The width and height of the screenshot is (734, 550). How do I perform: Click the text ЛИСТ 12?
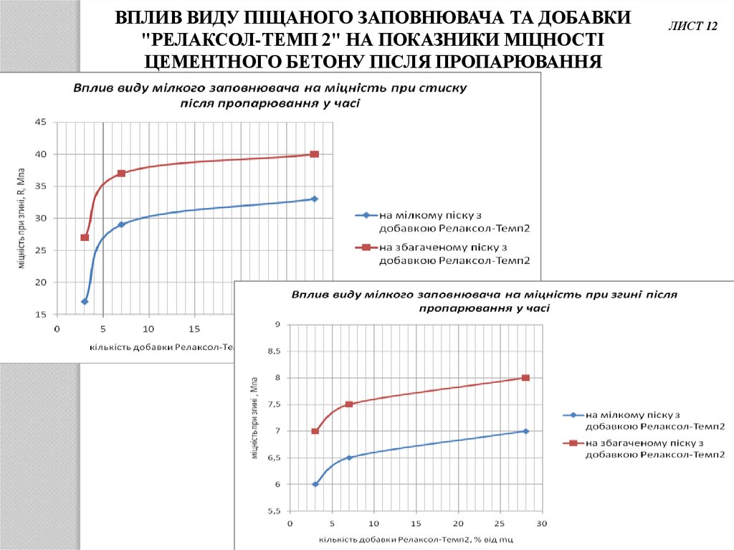pyautogui.click(x=692, y=27)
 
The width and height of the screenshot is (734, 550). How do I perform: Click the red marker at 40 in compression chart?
pyautogui.click(x=314, y=154)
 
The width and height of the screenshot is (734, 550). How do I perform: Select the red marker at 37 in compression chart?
pyautogui.click(x=121, y=174)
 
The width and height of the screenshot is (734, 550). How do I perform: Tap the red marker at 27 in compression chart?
pyautogui.click(x=85, y=237)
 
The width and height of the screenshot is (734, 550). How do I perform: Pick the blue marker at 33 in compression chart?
pyautogui.click(x=314, y=199)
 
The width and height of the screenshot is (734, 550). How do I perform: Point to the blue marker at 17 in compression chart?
pyautogui.click(x=85, y=301)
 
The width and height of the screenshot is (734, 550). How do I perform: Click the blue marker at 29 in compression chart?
pyautogui.click(x=121, y=224)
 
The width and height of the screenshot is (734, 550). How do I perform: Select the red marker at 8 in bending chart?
pyautogui.click(x=525, y=378)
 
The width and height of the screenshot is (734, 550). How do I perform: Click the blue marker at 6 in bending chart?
pyautogui.click(x=315, y=484)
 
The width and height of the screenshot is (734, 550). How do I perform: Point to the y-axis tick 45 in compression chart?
pyautogui.click(x=40, y=123)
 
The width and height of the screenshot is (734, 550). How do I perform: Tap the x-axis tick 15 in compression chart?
pyautogui.click(x=194, y=329)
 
